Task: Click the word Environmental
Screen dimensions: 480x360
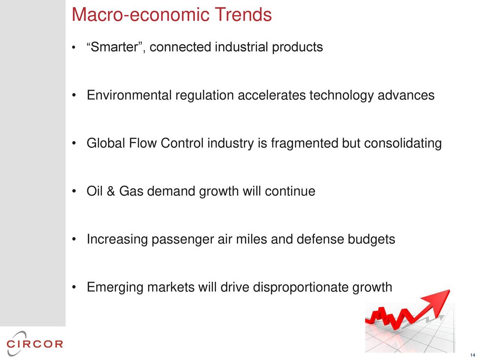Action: (129, 95)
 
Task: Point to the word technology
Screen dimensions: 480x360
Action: (342, 96)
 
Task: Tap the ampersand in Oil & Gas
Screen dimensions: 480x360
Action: (111, 191)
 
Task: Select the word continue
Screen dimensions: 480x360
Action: (290, 191)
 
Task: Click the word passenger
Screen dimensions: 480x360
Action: (183, 240)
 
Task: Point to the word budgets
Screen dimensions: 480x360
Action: (371, 240)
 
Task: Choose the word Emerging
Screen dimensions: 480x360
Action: (115, 288)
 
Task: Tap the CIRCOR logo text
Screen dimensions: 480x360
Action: (34, 344)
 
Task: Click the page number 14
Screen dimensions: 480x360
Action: (472, 355)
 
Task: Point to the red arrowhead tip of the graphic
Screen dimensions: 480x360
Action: (450, 290)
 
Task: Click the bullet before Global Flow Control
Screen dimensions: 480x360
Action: (74, 143)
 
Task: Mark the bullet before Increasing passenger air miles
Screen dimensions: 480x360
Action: (74, 239)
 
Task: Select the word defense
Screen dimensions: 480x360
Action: (320, 239)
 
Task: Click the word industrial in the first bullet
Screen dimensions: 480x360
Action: (241, 47)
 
